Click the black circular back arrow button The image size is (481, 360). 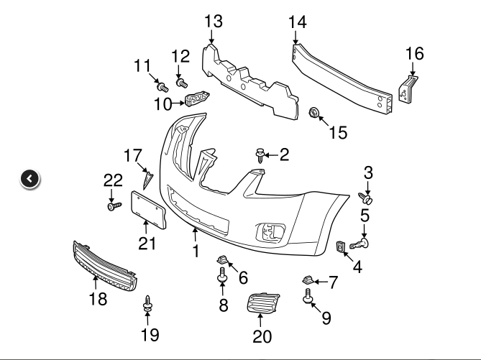(x=30, y=179)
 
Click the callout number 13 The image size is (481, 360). (x=214, y=21)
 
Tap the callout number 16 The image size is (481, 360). (x=415, y=53)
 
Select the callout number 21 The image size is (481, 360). (x=147, y=244)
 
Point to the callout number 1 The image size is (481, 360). (x=195, y=251)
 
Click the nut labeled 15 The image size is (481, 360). (x=313, y=112)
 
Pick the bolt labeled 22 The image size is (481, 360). (x=113, y=206)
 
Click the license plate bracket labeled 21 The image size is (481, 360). (x=149, y=209)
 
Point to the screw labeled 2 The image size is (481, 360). (x=260, y=152)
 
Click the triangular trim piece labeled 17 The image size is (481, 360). (x=147, y=179)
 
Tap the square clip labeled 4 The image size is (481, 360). (x=341, y=247)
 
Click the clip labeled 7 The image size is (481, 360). (x=306, y=280)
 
